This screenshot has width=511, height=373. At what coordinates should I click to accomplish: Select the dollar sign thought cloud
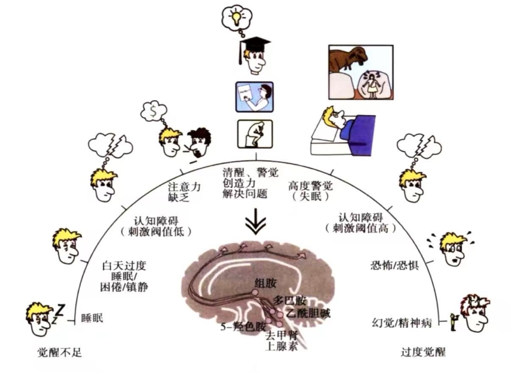click(154, 111)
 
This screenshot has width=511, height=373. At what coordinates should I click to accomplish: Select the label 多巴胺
click(289, 301)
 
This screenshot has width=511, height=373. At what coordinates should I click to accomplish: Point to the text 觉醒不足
click(59, 352)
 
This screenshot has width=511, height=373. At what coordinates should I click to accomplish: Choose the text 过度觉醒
click(423, 352)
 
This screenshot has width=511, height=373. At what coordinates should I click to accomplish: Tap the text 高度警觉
click(311, 186)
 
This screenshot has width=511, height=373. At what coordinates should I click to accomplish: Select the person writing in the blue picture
click(262, 96)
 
